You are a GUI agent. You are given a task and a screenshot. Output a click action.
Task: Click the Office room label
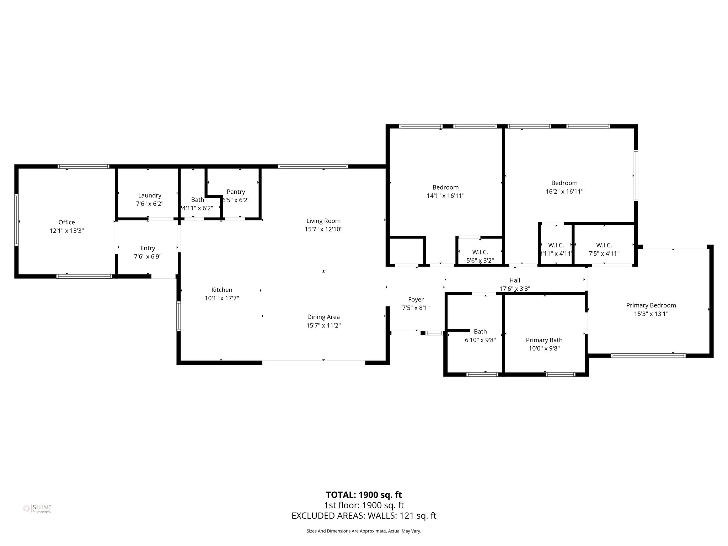click(66, 222)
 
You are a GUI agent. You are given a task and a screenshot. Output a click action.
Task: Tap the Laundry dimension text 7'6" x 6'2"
click(150, 204)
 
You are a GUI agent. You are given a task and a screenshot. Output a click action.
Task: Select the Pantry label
click(236, 192)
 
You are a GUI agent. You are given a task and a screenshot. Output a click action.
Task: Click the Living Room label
click(323, 221)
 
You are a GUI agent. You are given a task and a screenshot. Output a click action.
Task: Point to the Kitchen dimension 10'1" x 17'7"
click(221, 298)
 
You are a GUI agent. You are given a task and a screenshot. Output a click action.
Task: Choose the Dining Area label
click(323, 317)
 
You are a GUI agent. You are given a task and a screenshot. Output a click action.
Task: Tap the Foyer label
click(416, 299)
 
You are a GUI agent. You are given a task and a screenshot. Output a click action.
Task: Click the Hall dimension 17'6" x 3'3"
click(514, 289)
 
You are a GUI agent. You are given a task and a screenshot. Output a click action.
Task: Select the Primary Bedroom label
click(651, 305)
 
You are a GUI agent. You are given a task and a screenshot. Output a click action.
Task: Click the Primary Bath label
click(544, 340)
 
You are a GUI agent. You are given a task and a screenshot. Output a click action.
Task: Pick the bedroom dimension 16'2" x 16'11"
click(564, 191)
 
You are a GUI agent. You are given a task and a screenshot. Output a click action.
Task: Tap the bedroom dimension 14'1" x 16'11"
click(445, 196)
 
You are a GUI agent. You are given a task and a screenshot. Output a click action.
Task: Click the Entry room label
click(148, 248)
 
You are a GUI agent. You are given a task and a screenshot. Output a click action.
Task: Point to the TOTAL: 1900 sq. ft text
click(364, 495)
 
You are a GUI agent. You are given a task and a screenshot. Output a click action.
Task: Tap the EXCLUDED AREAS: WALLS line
click(364, 515)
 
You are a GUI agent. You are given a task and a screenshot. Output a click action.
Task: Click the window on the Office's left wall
click(16, 220)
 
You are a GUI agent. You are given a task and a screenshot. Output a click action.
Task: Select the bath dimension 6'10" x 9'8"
click(480, 340)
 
